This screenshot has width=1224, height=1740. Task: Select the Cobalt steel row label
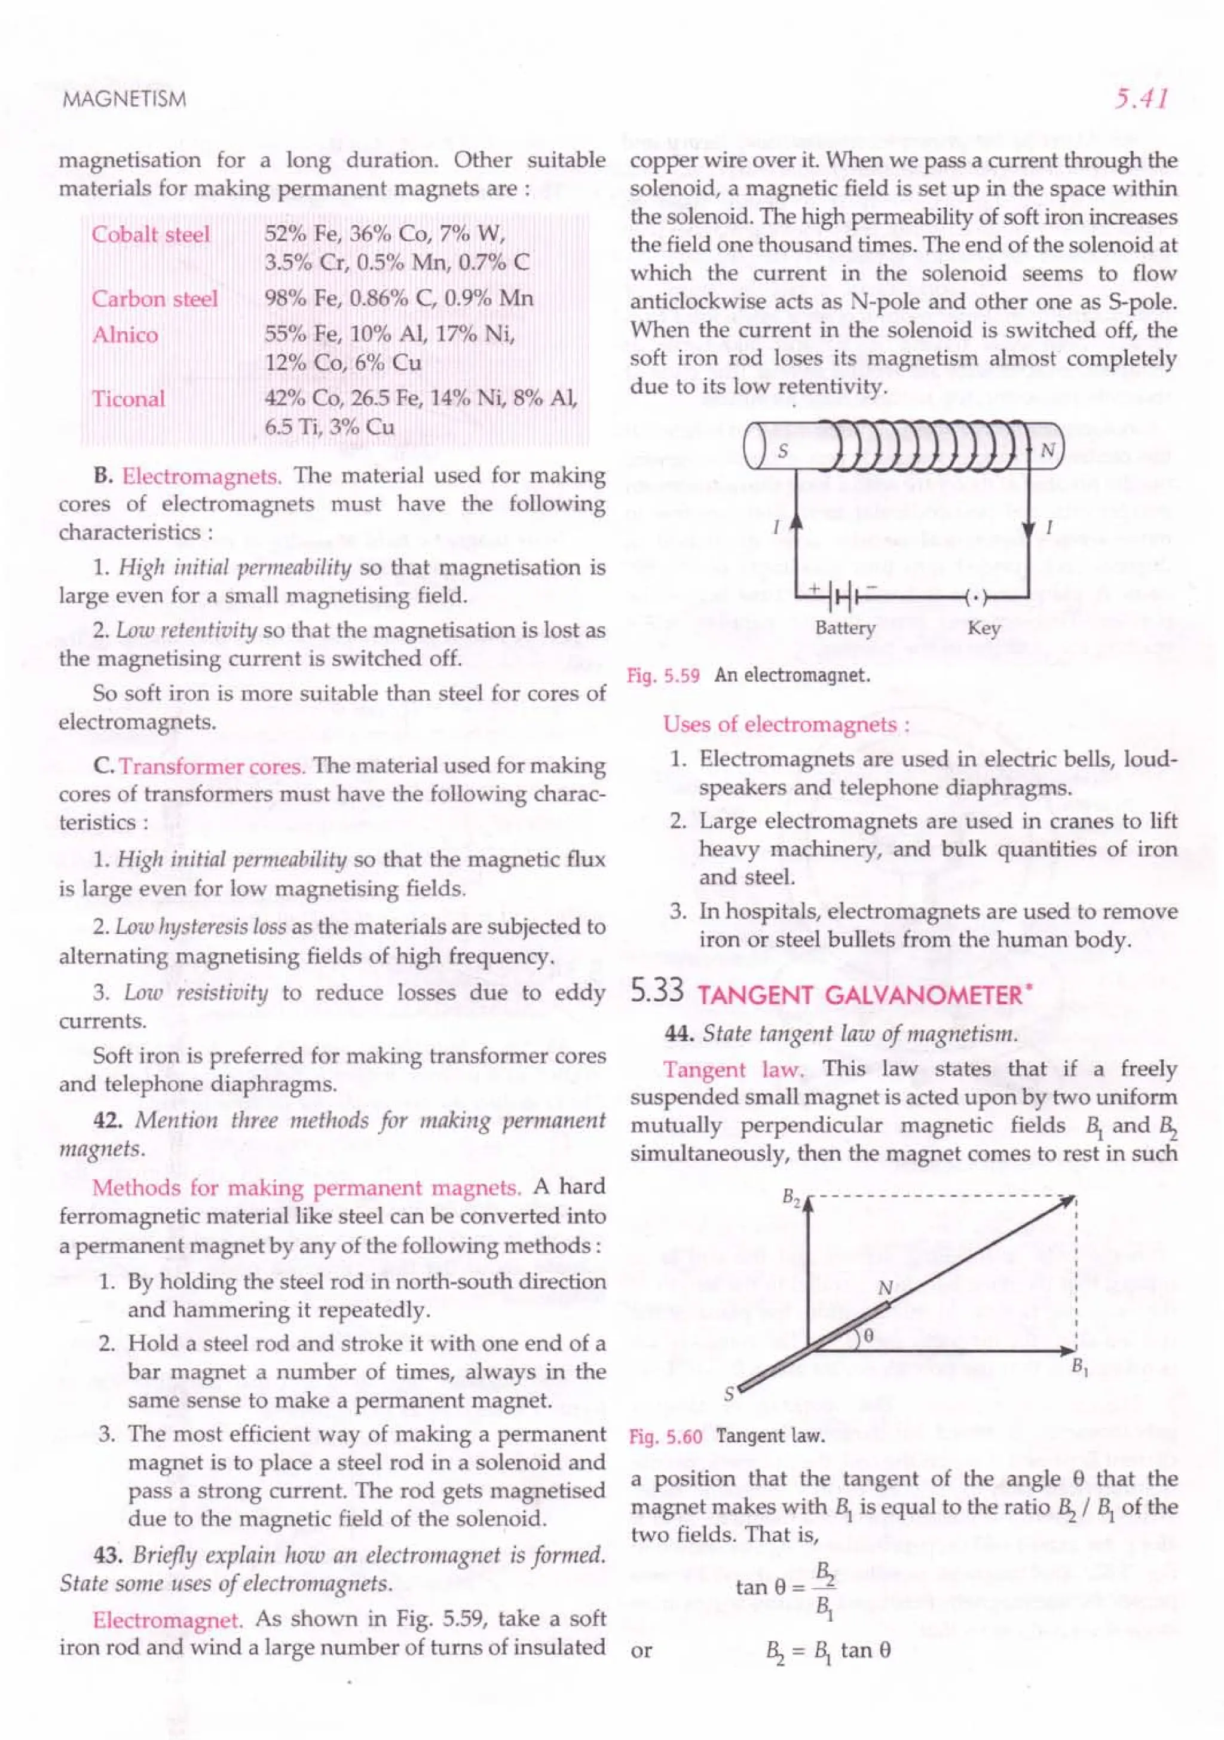(x=150, y=234)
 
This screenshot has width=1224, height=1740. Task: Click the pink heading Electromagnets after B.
(x=201, y=476)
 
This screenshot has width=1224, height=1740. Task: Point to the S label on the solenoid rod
(x=783, y=451)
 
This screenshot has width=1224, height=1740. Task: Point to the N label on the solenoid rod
(x=1046, y=451)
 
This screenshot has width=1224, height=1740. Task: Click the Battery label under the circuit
(x=844, y=628)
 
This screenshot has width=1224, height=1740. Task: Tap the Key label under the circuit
(x=983, y=628)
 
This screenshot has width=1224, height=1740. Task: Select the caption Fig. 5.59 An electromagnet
(x=748, y=675)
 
